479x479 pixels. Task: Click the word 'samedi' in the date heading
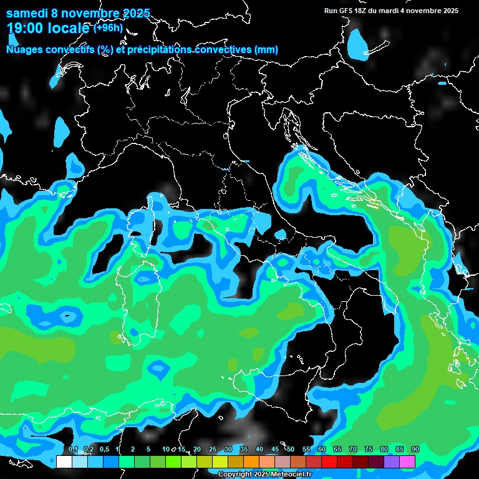point(28,13)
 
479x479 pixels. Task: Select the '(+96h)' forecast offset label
point(109,27)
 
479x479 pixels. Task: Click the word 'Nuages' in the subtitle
point(24,49)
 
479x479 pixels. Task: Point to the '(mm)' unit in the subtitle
point(266,49)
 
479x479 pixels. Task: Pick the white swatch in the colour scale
point(64,462)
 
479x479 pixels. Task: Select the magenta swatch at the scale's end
point(407,462)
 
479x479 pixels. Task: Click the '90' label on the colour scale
point(415,450)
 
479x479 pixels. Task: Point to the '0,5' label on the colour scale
point(104,450)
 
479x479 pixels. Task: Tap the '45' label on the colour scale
point(275,450)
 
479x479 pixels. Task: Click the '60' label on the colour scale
point(321,450)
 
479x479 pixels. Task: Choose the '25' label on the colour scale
point(213,450)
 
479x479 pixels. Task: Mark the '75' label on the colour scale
point(368,450)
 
